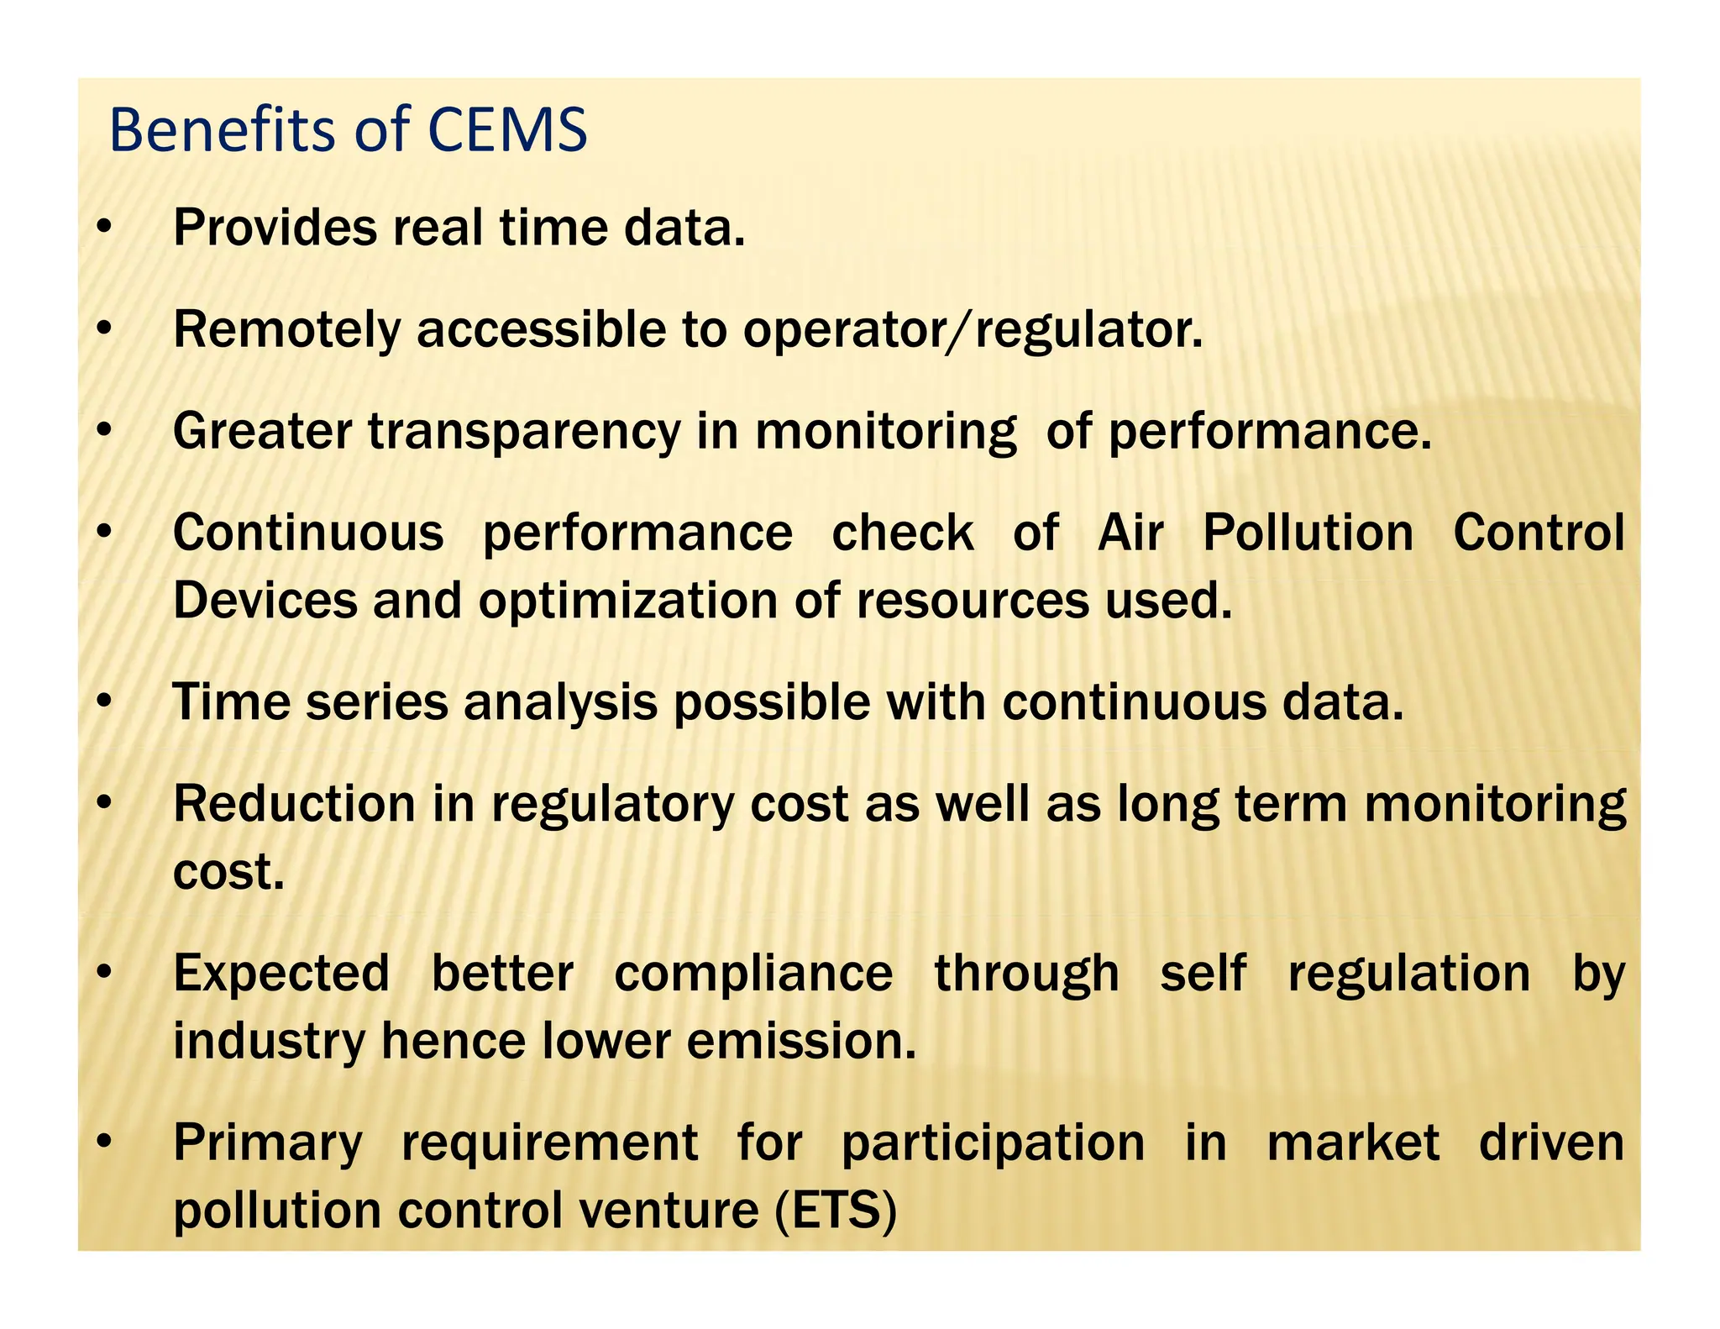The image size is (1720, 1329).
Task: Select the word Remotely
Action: coord(286,330)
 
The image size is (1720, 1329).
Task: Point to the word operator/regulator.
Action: coord(973,330)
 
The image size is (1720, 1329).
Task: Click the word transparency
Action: coord(523,433)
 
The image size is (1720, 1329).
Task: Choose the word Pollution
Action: coord(1308,533)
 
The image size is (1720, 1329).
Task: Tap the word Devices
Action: coord(265,601)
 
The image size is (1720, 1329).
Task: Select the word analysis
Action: coord(560,702)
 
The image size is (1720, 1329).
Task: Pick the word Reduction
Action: coord(294,804)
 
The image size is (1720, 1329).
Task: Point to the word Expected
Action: coord(281,974)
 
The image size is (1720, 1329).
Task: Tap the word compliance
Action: coord(753,974)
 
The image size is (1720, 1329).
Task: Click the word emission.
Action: coord(800,1042)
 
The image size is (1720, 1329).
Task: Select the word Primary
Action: coord(267,1144)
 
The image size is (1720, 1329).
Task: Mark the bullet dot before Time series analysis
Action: coord(103,702)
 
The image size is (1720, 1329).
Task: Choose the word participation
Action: coord(993,1144)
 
